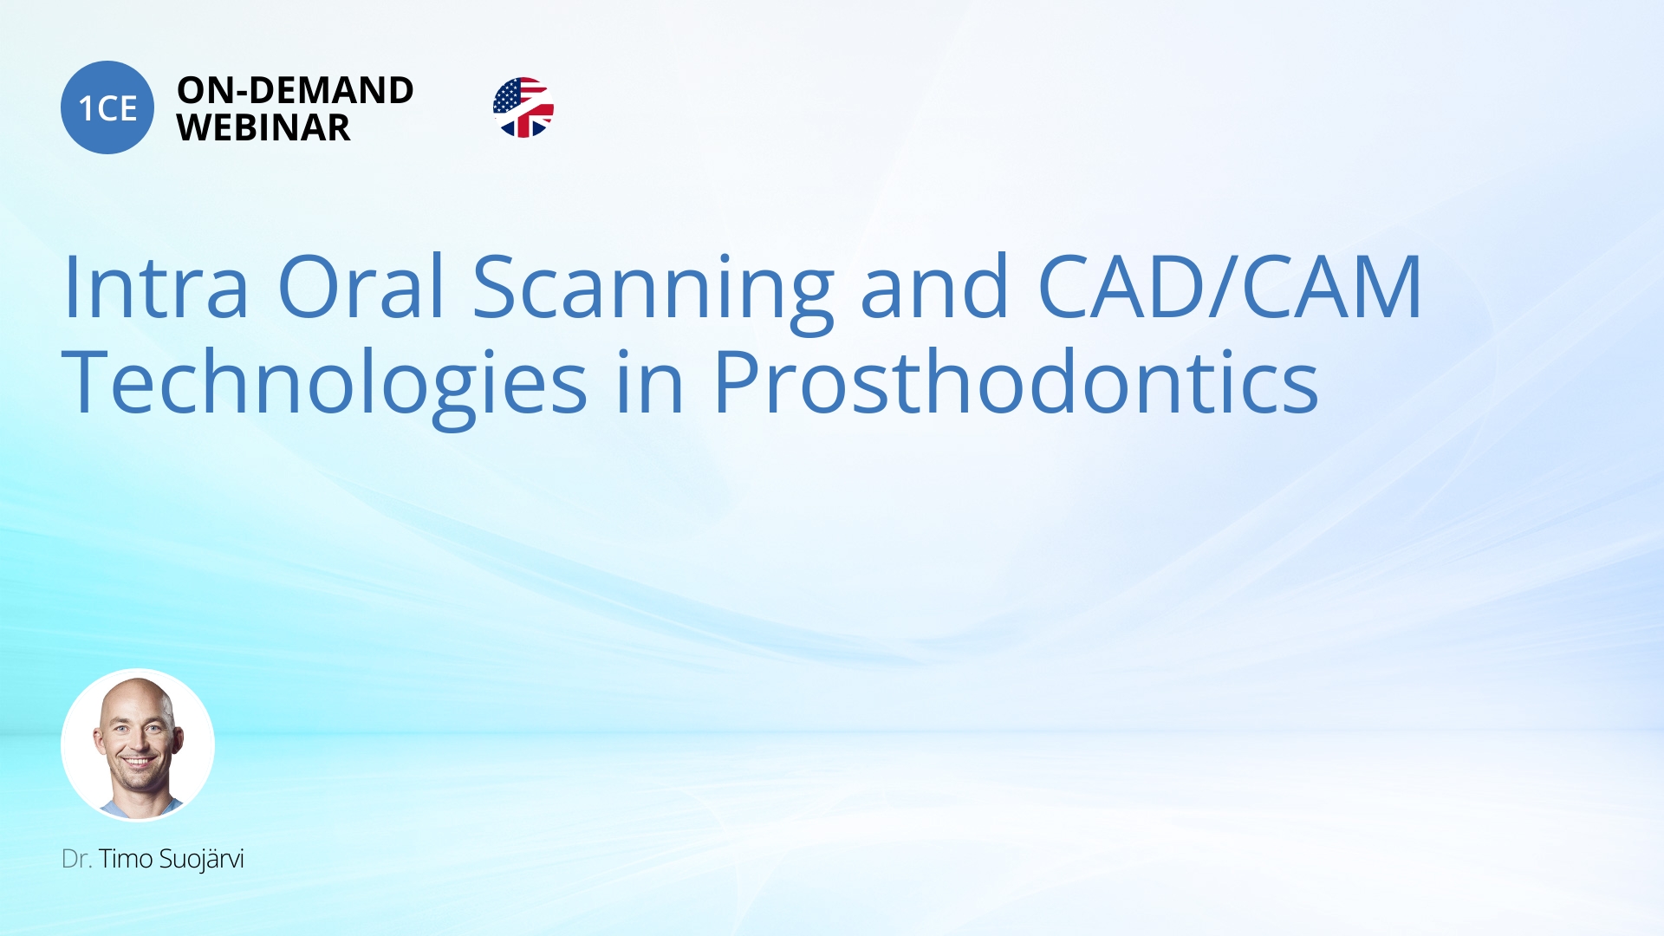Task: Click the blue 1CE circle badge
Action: pyautogui.click(x=107, y=107)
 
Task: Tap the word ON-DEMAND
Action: pyautogui.click(x=295, y=90)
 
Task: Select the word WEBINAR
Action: pyautogui.click(x=263, y=128)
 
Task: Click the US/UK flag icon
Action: pyautogui.click(x=523, y=107)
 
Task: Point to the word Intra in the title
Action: pyautogui.click(x=156, y=287)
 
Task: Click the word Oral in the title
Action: pyautogui.click(x=361, y=287)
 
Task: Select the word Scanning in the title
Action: pyautogui.click(x=652, y=290)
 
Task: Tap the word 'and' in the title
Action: pyautogui.click(x=934, y=287)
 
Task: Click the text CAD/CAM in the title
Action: pyautogui.click(x=1229, y=287)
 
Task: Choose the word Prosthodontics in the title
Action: pyautogui.click(x=1015, y=382)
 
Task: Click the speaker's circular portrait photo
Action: pyautogui.click(x=138, y=744)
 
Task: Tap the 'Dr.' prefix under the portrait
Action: pyautogui.click(x=76, y=859)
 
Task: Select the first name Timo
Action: pyautogui.click(x=126, y=859)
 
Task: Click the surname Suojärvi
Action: pyautogui.click(x=201, y=859)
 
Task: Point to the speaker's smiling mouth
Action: pyautogui.click(x=139, y=764)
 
